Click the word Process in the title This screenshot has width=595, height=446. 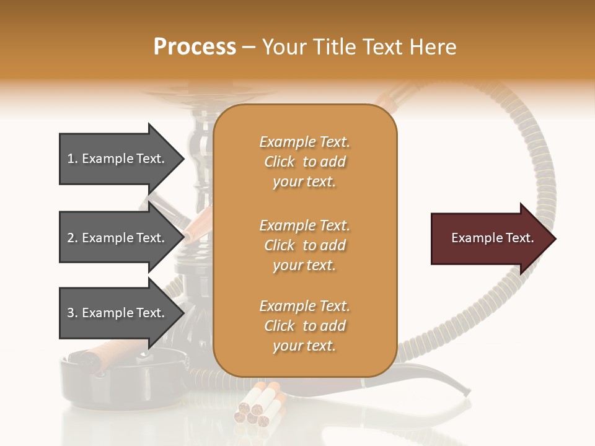195,47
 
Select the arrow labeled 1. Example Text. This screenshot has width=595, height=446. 118,159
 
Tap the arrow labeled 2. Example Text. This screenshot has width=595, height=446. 118,238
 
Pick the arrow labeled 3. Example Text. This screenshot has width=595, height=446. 118,313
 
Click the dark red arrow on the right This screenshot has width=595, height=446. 490,238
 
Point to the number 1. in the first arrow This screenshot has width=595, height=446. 73,159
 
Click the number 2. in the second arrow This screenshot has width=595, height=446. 73,238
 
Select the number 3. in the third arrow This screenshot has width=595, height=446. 73,313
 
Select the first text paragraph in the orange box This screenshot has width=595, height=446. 304,162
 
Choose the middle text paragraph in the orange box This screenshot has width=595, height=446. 304,245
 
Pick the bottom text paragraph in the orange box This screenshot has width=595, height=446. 304,326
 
